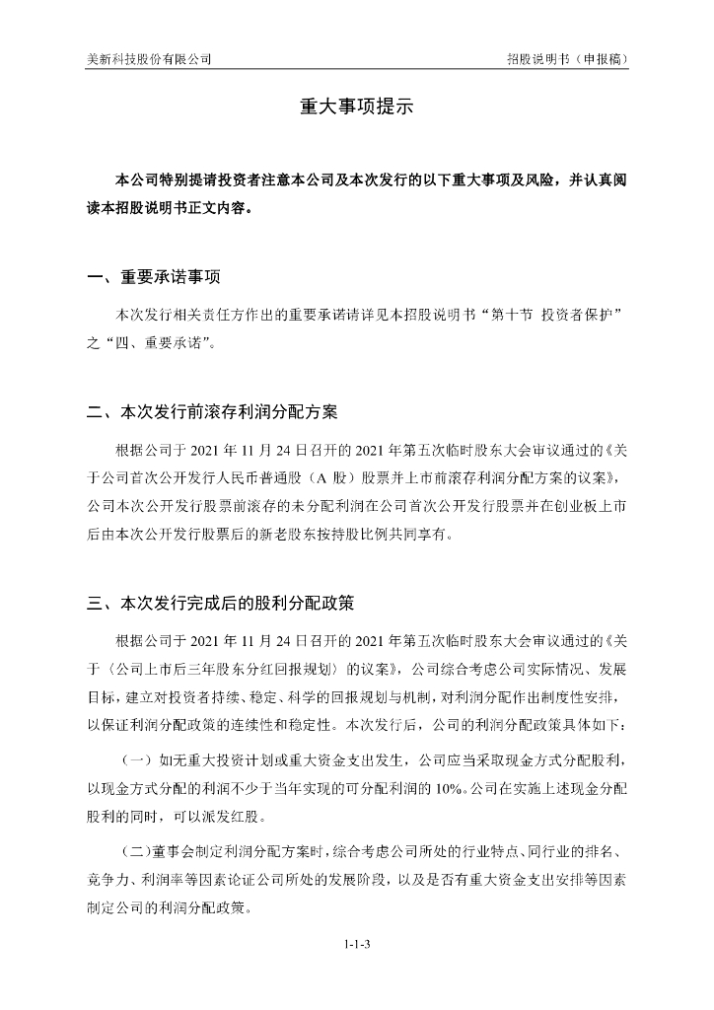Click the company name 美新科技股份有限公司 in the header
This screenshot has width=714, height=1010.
149,59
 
